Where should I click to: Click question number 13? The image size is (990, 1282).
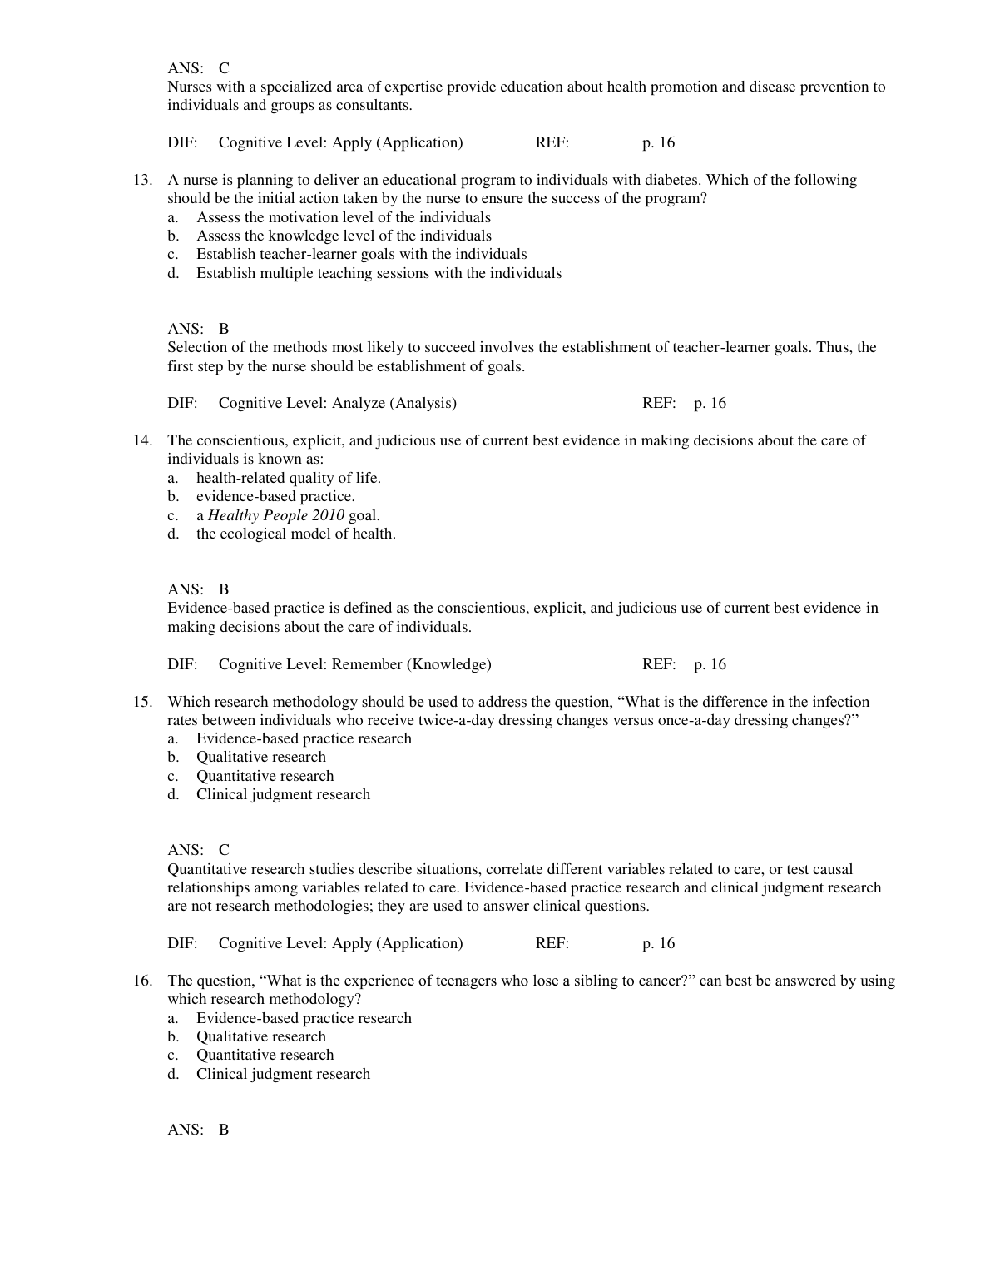142,180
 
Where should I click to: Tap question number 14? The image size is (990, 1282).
142,440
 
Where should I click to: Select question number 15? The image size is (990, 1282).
142,702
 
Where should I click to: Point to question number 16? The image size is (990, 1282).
142,981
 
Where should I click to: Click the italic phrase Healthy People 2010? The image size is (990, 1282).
275,515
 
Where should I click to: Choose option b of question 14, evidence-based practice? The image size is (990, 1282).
275,497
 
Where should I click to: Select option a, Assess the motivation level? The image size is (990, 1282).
344,217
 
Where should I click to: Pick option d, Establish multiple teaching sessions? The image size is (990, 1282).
379,273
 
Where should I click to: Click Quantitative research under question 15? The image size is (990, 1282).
265,776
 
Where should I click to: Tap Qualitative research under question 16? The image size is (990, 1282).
261,1036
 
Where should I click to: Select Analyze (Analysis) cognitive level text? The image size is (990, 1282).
394,404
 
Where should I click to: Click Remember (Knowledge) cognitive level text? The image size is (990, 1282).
412,664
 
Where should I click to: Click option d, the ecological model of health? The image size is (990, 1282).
295,534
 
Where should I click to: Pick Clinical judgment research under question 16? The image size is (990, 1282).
283,1074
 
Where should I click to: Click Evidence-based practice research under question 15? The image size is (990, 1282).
304,738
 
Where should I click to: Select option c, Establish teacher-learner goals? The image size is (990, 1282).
361,255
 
